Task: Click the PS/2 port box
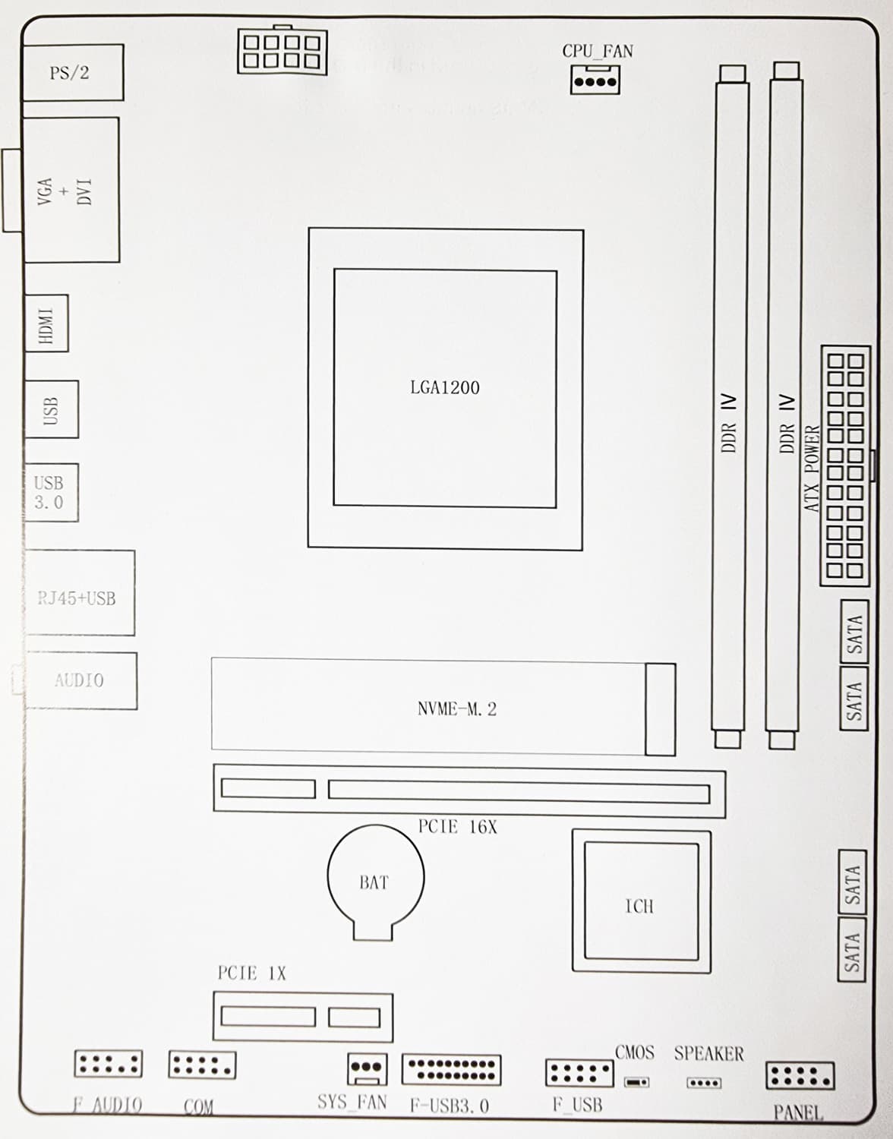pos(73,72)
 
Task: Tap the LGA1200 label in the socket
pos(444,387)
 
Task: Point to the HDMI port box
pos(46,323)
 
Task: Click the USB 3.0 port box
pos(52,492)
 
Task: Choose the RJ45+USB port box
pos(80,593)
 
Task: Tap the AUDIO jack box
pos(80,680)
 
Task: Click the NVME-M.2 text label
pos(457,708)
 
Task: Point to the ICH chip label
pos(639,907)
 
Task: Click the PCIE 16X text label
pos(457,827)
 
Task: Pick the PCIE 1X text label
pos(251,973)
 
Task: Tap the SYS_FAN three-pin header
pos(368,1069)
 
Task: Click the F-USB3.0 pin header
pos(451,1069)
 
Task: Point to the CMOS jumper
pos(637,1082)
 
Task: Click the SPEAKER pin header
pos(705,1082)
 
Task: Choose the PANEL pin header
pos(800,1075)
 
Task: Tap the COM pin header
pos(202,1065)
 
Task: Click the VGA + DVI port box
pos(71,190)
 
